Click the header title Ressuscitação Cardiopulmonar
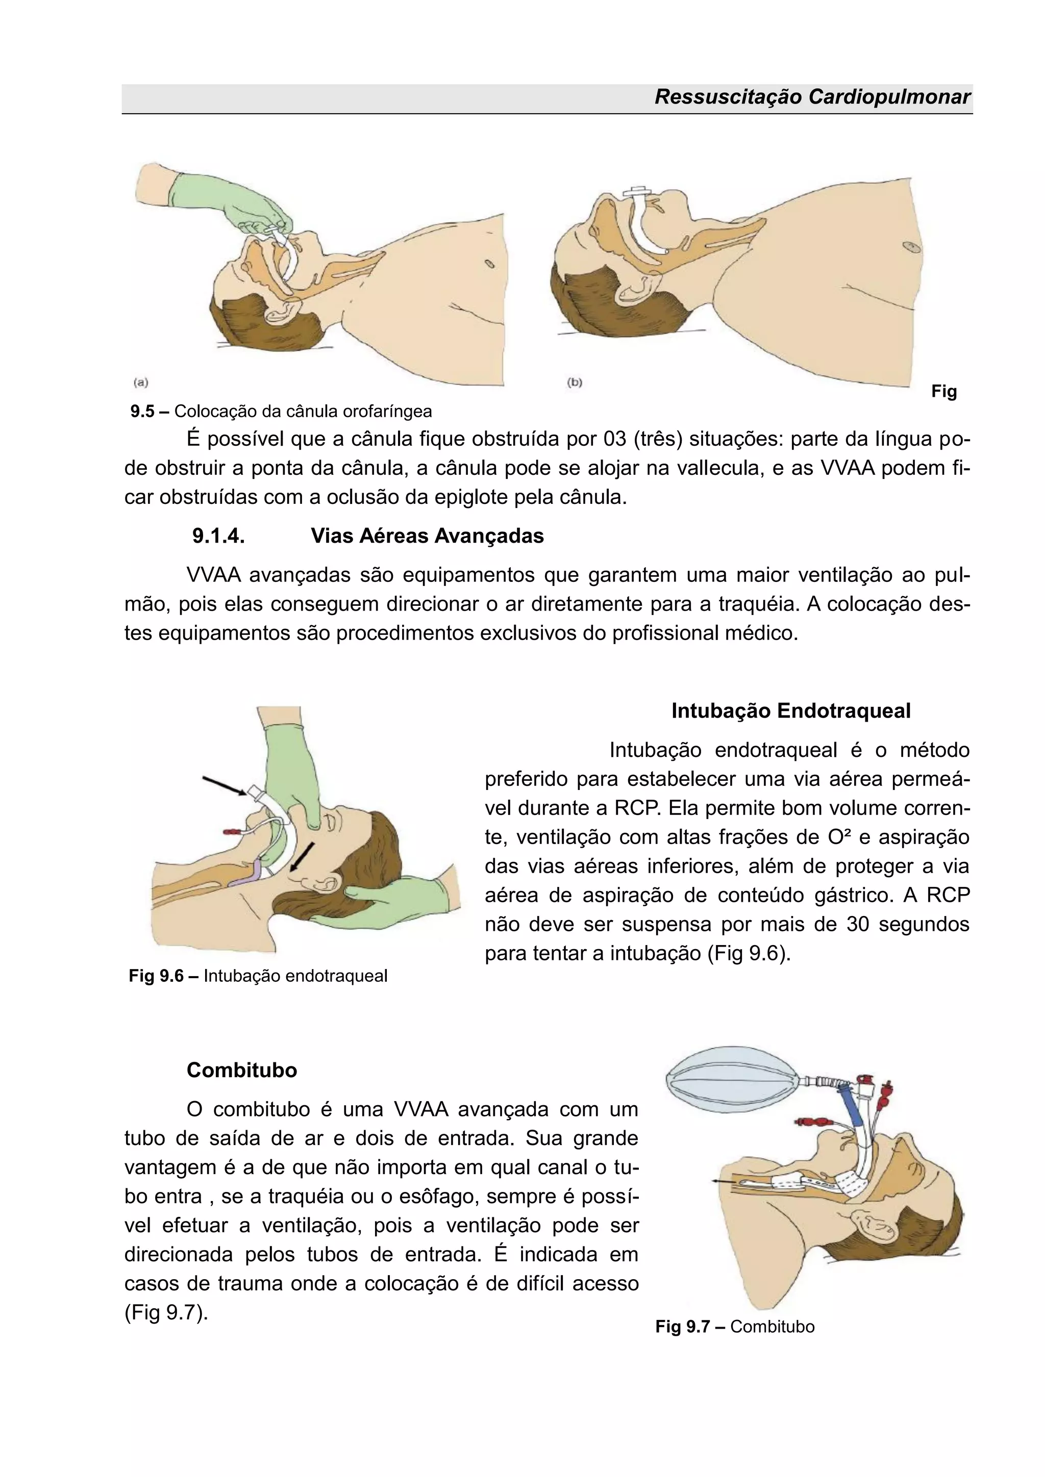pos(812,97)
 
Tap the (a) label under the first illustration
pos(141,382)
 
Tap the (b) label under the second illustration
pos(574,382)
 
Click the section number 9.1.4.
pos(218,536)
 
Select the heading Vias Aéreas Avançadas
pos(427,536)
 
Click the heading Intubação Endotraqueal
pos(791,711)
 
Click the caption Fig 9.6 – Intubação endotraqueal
pos(258,976)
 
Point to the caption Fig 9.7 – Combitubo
pos(735,1327)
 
